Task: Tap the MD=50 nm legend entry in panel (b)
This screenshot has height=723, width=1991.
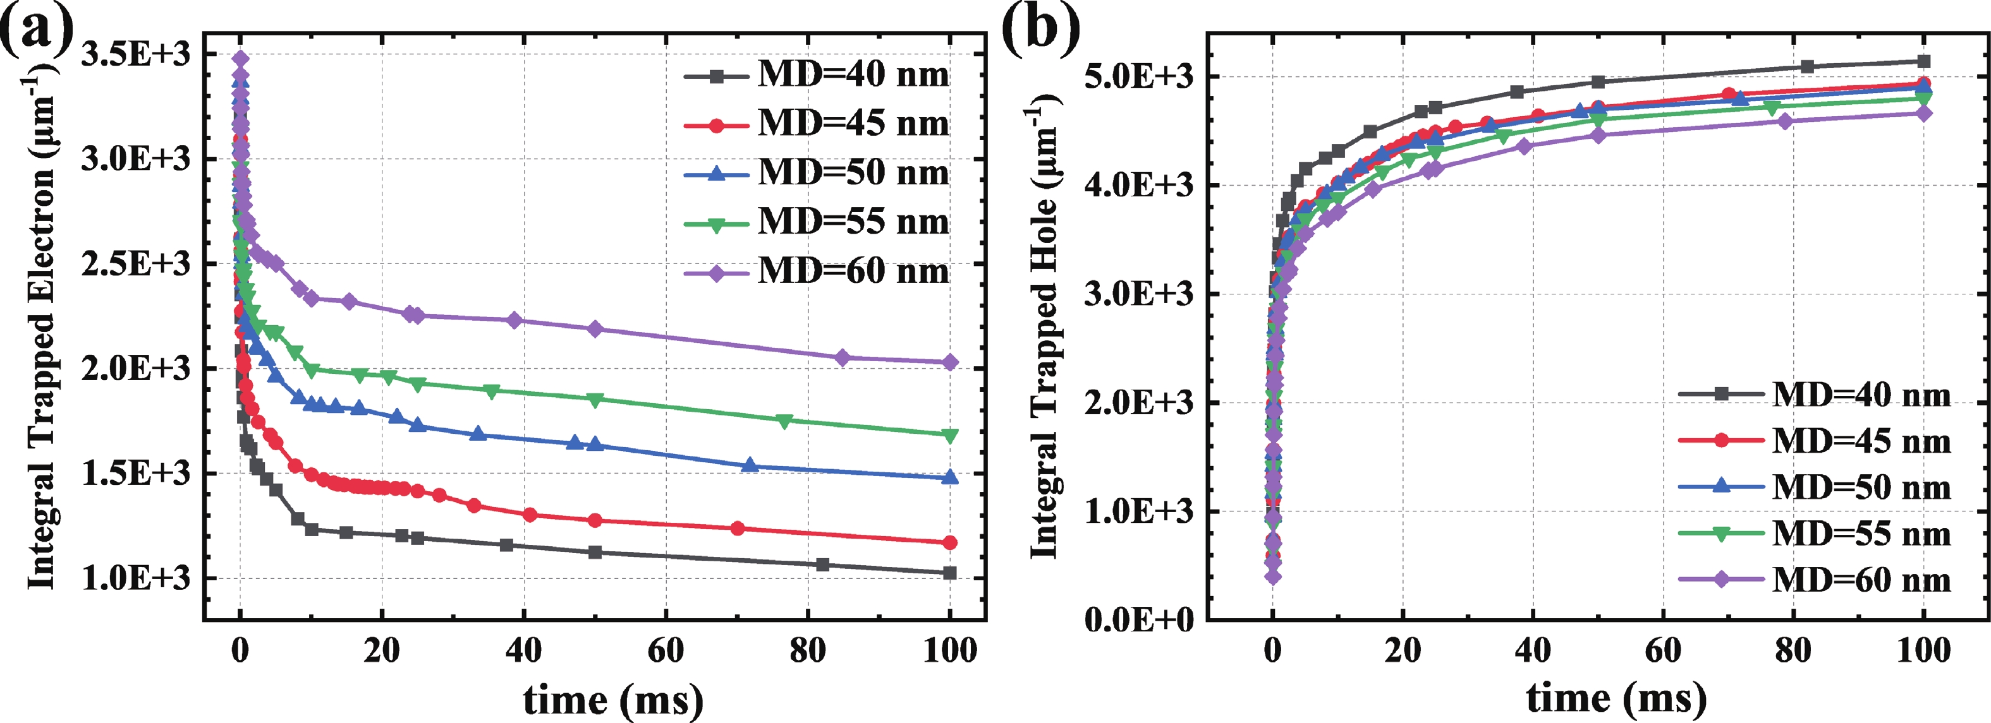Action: pos(1815,487)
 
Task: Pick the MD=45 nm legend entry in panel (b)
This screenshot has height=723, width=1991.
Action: pos(1815,441)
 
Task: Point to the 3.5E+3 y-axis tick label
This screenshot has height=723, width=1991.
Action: pos(135,55)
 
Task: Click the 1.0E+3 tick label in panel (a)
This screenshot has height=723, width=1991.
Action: pos(135,578)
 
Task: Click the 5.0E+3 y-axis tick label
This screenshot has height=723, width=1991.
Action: pos(1138,76)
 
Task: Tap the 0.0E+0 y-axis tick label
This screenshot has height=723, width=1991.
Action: pos(1138,619)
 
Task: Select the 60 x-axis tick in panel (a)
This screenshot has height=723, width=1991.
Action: pos(666,651)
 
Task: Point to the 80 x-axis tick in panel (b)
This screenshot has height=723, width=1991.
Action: pos(1793,651)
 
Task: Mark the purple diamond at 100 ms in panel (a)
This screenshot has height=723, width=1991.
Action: pos(950,362)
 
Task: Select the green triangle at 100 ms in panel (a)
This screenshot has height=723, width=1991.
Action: pos(950,436)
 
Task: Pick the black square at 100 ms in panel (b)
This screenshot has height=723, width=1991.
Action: pos(1925,62)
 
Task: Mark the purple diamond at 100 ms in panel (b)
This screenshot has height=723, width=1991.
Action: pos(1925,114)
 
